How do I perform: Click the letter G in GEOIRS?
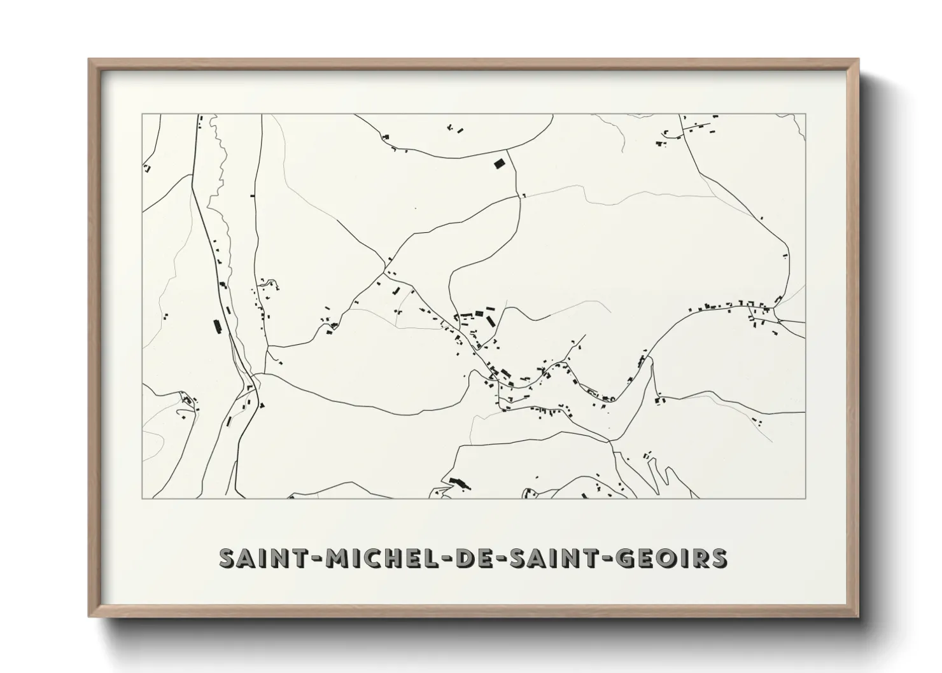pyautogui.click(x=626, y=558)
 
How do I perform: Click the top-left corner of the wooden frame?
pyautogui.click(x=89, y=60)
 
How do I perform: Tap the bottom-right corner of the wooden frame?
pyautogui.click(x=858, y=616)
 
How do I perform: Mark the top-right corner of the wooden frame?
pyautogui.click(x=858, y=60)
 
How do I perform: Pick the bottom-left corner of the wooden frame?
pyautogui.click(x=89, y=616)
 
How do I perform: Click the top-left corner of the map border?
pyautogui.click(x=142, y=114)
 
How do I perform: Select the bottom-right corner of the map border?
pyautogui.click(x=805, y=498)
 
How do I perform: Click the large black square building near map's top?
pyautogui.click(x=499, y=163)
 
